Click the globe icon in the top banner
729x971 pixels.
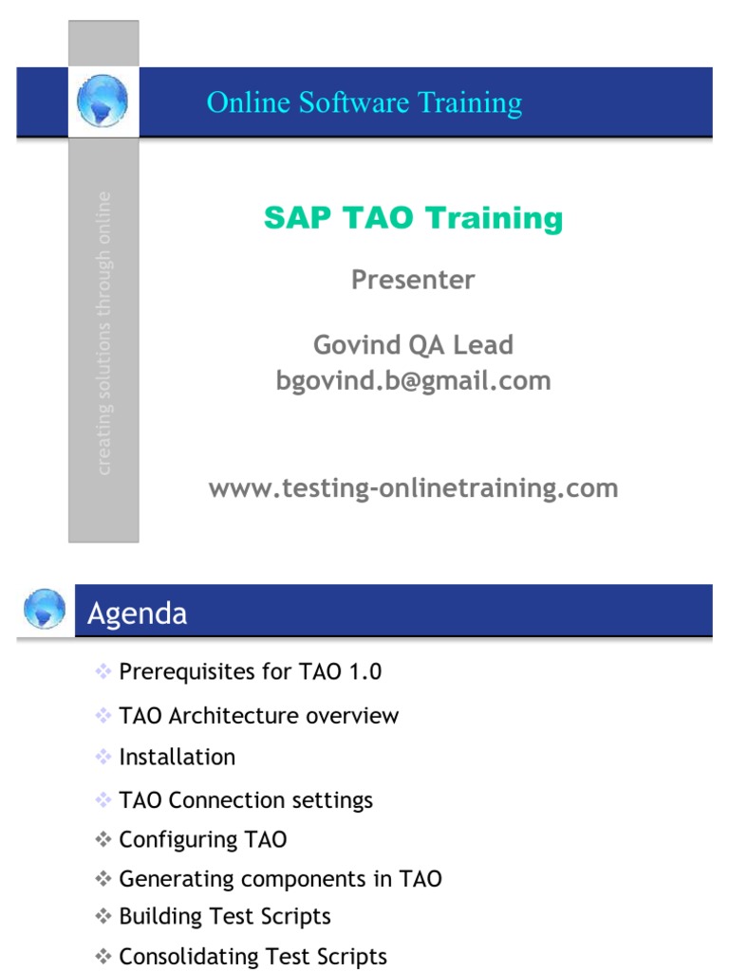[x=103, y=101]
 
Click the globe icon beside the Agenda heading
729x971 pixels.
[x=44, y=610]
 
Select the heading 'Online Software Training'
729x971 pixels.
[x=364, y=102]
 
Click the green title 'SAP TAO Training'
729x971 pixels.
[x=413, y=218]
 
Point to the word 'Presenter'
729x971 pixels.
[x=413, y=280]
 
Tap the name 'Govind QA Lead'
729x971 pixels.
[x=413, y=344]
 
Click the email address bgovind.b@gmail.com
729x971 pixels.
[x=413, y=381]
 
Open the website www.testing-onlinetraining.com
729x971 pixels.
[x=413, y=488]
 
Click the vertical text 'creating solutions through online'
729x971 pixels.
[x=103, y=333]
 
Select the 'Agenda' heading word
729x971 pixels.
[x=137, y=614]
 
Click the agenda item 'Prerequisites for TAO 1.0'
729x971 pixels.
[x=251, y=672]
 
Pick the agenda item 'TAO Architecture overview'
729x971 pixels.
[x=259, y=716]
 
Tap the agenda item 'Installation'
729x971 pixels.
[x=178, y=758]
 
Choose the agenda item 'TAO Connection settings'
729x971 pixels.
[x=246, y=800]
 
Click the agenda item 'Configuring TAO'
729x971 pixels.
[x=203, y=840]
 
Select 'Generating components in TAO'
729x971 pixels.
[x=281, y=879]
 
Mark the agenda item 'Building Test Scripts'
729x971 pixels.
[x=225, y=917]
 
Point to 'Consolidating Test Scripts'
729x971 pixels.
[x=253, y=957]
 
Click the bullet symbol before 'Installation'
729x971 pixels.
[x=103, y=757]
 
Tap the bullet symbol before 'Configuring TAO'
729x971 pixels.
[x=103, y=839]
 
